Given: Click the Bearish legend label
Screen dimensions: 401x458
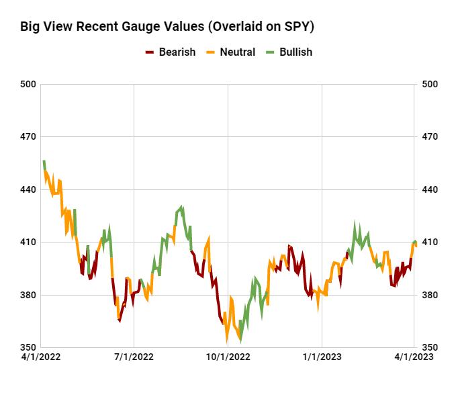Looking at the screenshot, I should click(x=177, y=52).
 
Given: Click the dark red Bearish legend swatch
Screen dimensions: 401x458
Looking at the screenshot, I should click(x=150, y=52).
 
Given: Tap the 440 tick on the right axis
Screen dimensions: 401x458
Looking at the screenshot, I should click(x=429, y=189).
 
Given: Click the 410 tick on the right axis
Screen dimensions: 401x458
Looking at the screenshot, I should click(x=429, y=242).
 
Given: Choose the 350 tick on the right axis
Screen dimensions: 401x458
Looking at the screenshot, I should click(x=429, y=348).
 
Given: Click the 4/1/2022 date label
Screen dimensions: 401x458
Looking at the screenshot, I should click(x=41, y=357).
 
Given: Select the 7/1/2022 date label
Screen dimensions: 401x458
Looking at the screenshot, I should click(x=134, y=357).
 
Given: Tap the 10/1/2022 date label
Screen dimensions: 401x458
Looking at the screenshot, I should click(x=228, y=357).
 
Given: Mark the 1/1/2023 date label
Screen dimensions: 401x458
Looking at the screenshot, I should click(x=322, y=357).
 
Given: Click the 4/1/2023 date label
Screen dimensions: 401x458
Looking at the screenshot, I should click(x=414, y=357).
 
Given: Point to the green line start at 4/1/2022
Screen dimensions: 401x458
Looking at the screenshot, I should click(x=44, y=162).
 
